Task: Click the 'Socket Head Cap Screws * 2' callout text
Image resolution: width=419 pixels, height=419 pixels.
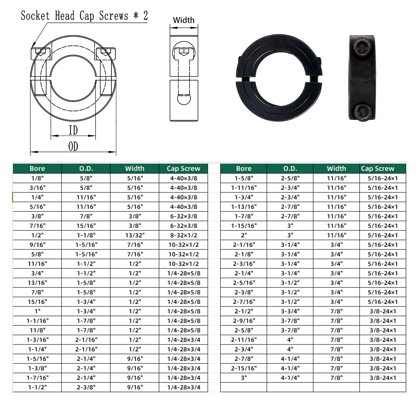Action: tap(84, 16)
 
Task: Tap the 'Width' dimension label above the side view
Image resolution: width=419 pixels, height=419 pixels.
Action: tap(184, 20)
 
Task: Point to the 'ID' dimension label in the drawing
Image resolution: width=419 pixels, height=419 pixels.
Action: tap(73, 130)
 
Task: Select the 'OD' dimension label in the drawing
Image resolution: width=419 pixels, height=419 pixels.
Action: tap(73, 146)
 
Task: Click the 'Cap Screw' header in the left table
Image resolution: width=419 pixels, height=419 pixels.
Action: tap(183, 168)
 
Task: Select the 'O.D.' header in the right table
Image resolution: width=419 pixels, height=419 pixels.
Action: tap(290, 168)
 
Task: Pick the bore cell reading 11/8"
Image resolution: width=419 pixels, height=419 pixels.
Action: tap(37, 330)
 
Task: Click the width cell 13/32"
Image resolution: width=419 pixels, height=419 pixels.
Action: tap(135, 235)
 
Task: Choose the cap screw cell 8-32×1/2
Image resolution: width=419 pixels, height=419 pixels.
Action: tap(183, 235)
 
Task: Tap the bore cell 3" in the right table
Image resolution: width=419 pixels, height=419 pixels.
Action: tap(244, 378)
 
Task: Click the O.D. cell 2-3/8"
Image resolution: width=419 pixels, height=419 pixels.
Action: tap(86, 387)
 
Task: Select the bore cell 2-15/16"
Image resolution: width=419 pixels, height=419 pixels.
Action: tap(244, 368)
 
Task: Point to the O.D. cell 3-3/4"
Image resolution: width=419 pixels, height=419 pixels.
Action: tap(290, 311)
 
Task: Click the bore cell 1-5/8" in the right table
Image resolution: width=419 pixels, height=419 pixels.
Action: tap(244, 178)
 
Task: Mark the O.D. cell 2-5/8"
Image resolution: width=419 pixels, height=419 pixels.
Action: tap(290, 178)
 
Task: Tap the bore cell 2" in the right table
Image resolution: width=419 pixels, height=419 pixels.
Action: tap(244, 235)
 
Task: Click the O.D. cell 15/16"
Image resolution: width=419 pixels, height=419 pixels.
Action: tap(86, 226)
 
